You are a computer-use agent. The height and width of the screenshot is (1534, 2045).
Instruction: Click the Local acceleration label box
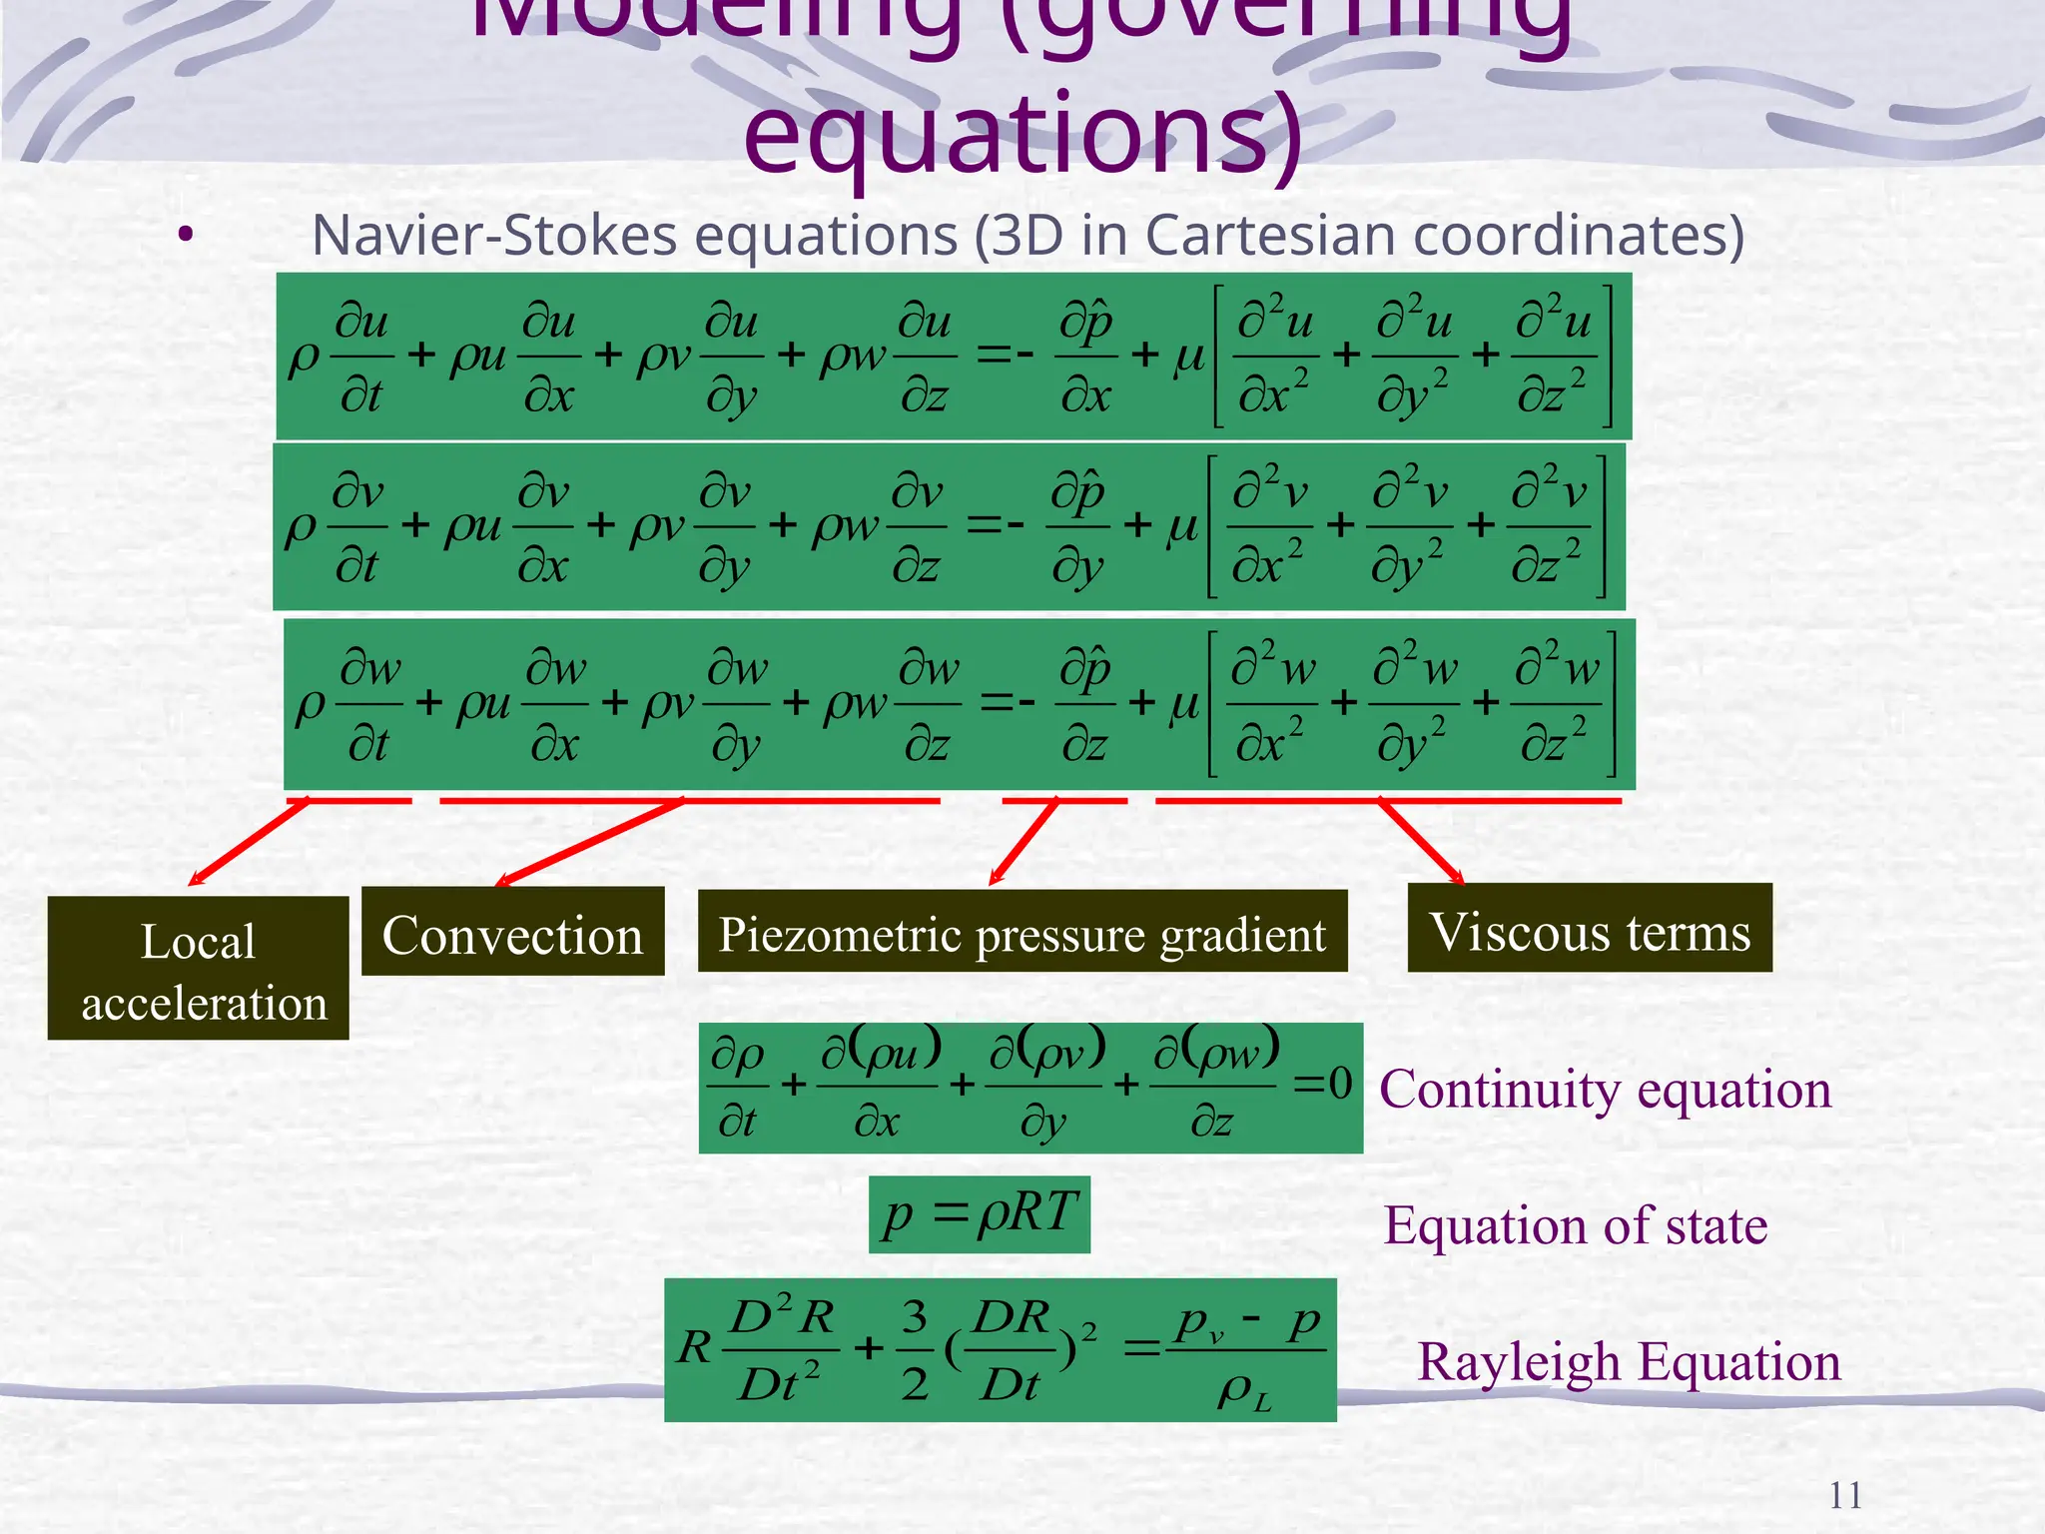(198, 968)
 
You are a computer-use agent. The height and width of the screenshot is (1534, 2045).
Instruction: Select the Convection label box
(512, 932)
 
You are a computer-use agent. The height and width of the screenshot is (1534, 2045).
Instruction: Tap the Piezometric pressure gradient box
(1022, 932)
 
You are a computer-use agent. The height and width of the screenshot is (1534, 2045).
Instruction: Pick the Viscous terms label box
(1589, 929)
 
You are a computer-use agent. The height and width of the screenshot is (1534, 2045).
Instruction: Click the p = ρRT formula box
(979, 1213)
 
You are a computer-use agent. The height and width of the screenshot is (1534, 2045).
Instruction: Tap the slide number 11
(1845, 1495)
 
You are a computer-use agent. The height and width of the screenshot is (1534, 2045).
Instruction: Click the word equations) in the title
(1022, 135)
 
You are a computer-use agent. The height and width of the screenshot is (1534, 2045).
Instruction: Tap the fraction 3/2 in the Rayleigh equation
(915, 1349)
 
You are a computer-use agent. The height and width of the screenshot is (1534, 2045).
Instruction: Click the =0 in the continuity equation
(1323, 1084)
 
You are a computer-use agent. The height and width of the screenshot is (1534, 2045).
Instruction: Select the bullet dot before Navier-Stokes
(185, 237)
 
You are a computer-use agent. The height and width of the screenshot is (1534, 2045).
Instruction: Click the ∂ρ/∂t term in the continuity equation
(738, 1087)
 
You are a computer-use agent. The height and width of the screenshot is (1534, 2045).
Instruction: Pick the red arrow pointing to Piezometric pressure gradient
(1022, 842)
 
